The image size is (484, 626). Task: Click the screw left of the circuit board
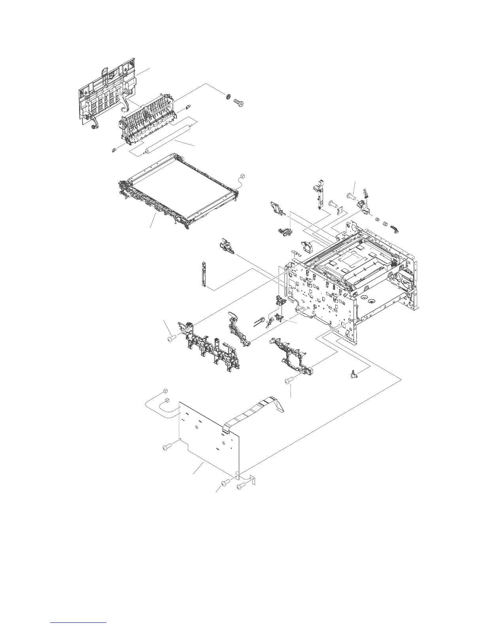[x=166, y=447]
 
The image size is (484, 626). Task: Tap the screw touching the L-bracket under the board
[x=241, y=487]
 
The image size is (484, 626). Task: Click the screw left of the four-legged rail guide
[x=171, y=338]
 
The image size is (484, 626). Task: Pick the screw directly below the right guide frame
[x=289, y=381]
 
